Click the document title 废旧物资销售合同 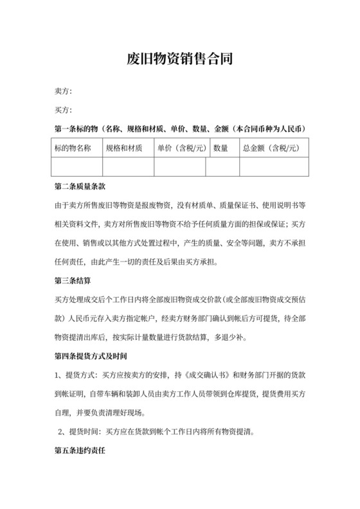pyautogui.click(x=179, y=60)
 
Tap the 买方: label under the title pyautogui.click(x=63, y=110)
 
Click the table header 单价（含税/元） pyautogui.click(x=181, y=148)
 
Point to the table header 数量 pyautogui.click(x=221, y=148)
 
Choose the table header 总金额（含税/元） pyautogui.click(x=271, y=148)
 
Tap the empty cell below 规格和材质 pyautogui.click(x=128, y=166)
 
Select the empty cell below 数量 pyautogui.click(x=222, y=166)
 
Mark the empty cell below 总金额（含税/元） pyautogui.click(x=273, y=166)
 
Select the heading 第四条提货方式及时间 pyautogui.click(x=91, y=355)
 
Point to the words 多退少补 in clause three pyautogui.click(x=238, y=337)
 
